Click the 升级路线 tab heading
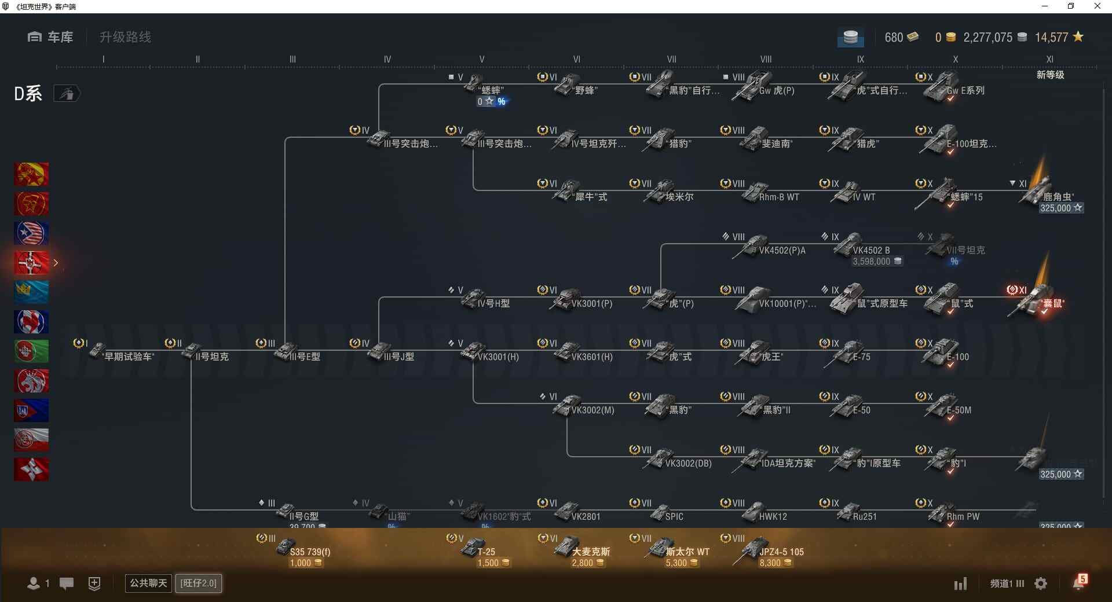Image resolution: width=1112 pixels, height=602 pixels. point(125,37)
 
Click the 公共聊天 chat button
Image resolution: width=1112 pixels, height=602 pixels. point(148,583)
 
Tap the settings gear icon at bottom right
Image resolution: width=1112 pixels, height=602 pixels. point(1041,583)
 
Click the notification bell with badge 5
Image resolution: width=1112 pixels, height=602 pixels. point(1079,582)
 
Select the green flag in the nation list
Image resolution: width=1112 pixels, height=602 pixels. point(31,351)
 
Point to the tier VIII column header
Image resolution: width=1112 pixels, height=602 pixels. point(766,59)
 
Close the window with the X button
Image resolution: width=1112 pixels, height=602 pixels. point(1097,6)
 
